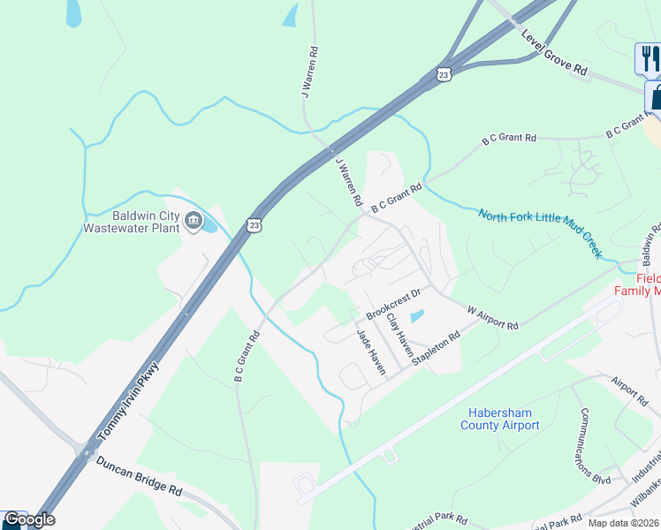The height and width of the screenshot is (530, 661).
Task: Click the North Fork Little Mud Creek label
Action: click(x=540, y=233)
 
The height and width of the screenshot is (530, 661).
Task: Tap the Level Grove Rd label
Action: click(x=554, y=52)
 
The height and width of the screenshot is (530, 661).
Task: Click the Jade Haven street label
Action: click(x=370, y=352)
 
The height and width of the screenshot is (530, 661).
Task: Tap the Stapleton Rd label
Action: click(x=442, y=350)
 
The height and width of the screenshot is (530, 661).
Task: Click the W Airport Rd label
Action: click(x=492, y=318)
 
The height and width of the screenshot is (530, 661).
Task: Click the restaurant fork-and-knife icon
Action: click(x=649, y=58)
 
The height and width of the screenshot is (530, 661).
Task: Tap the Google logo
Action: click(x=28, y=519)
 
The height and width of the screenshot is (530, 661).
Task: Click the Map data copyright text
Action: click(x=623, y=523)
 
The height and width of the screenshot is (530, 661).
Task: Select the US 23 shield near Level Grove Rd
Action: click(x=444, y=74)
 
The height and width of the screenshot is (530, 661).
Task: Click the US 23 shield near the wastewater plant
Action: click(x=255, y=225)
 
